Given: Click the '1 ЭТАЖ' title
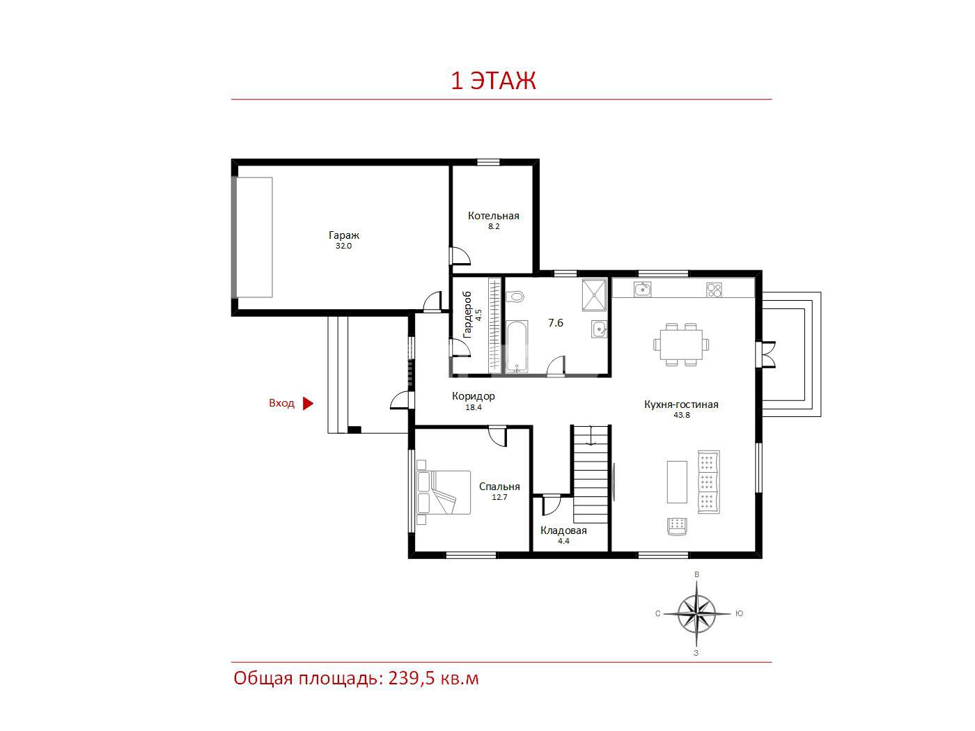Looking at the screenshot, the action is click(x=493, y=81).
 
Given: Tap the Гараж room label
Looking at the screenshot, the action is click(x=343, y=235).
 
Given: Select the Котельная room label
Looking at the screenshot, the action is click(x=493, y=216).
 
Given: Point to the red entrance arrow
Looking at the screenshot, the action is click(x=309, y=403).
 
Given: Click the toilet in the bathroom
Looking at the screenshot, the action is click(x=515, y=296).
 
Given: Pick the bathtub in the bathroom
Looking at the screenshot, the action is click(x=517, y=347).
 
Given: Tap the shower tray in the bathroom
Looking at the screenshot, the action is click(x=594, y=294).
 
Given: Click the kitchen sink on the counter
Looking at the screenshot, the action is click(x=642, y=290).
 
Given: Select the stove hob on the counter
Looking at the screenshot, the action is click(x=714, y=290).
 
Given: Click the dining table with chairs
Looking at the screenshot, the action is click(x=681, y=345).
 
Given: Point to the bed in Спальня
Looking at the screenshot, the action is click(x=444, y=492).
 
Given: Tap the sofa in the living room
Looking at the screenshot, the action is click(x=708, y=482).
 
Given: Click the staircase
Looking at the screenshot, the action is click(x=591, y=474).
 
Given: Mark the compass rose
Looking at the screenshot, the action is click(x=696, y=614).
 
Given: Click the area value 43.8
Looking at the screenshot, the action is click(x=681, y=415).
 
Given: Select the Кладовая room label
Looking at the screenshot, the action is click(x=563, y=530).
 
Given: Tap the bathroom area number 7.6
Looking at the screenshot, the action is click(x=555, y=322).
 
